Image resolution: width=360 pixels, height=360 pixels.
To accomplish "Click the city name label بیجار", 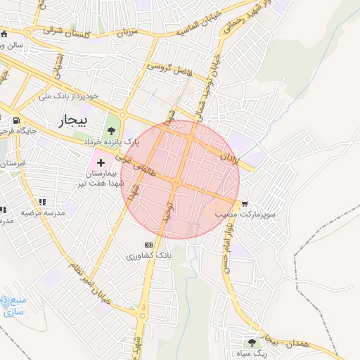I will tap(73, 122).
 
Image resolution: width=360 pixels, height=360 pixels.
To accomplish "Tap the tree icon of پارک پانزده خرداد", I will tap(111, 130).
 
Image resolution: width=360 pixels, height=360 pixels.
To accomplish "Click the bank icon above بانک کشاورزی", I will tap(148, 244).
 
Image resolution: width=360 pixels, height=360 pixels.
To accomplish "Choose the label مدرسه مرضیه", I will tap(42, 212).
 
